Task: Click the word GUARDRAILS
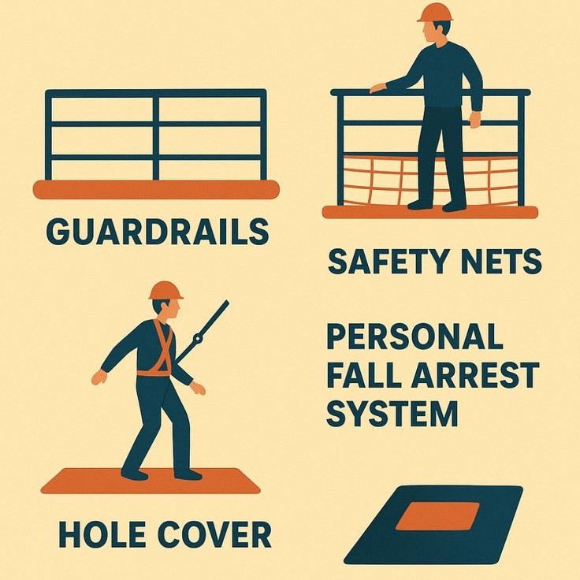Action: tap(157, 232)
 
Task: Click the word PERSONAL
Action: tap(415, 337)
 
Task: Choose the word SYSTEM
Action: tap(392, 413)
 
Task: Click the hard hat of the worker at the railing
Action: tap(435, 12)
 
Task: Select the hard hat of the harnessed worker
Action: tap(165, 290)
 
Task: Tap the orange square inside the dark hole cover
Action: tap(437, 516)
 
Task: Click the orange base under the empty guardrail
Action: tap(156, 189)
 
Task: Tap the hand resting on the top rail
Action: tap(377, 87)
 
